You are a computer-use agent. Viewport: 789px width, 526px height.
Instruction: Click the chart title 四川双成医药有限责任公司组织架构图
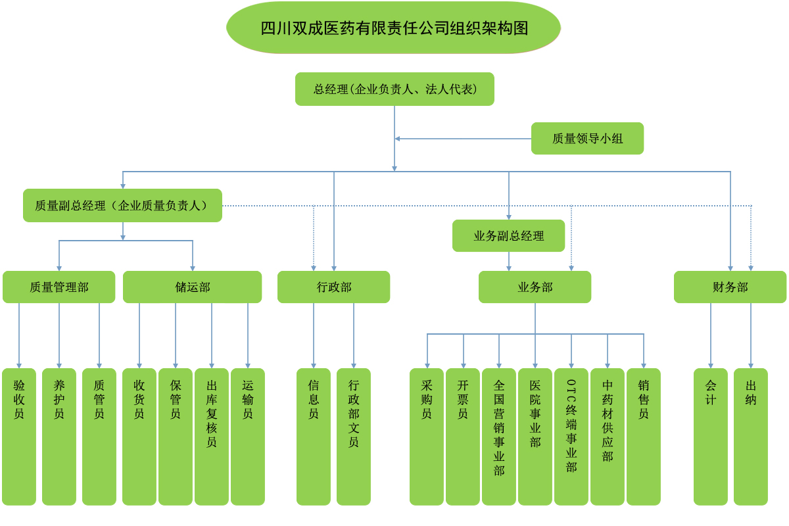[393, 28]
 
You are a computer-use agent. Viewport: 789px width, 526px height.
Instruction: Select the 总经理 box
[394, 89]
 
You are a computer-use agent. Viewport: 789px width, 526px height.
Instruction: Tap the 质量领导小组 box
[587, 138]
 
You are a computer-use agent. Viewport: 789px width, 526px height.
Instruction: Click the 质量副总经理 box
[122, 205]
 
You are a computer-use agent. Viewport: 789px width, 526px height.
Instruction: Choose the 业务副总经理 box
[508, 235]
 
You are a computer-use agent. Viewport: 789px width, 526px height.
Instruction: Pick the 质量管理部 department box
[59, 287]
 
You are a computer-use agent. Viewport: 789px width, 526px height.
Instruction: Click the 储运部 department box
[192, 287]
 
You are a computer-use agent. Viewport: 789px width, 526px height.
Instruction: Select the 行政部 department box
[333, 287]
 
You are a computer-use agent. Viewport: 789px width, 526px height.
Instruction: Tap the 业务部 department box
[535, 287]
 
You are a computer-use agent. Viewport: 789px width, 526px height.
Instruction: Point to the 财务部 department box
[730, 287]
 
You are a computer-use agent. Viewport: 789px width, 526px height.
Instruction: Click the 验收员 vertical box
[19, 436]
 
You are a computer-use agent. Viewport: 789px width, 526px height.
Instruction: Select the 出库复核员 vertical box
[212, 436]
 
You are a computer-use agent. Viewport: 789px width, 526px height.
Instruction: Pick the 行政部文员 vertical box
[354, 436]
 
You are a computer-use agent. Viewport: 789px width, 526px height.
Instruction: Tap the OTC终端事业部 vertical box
[571, 436]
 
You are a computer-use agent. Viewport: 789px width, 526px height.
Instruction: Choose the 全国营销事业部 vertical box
[499, 436]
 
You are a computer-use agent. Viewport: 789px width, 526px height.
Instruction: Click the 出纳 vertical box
[751, 436]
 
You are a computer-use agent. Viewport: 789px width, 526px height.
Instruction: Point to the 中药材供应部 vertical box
[608, 436]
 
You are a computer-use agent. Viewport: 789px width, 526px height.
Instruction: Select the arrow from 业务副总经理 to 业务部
[508, 261]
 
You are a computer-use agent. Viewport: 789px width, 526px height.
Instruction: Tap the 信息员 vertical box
[314, 436]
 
